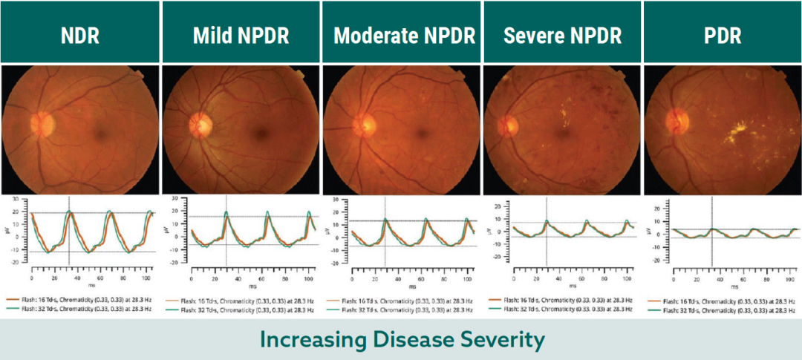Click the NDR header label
[x=80, y=36]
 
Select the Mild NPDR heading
[x=241, y=36]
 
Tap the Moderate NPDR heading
[x=401, y=36]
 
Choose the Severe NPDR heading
[x=561, y=36]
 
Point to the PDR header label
[x=722, y=36]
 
